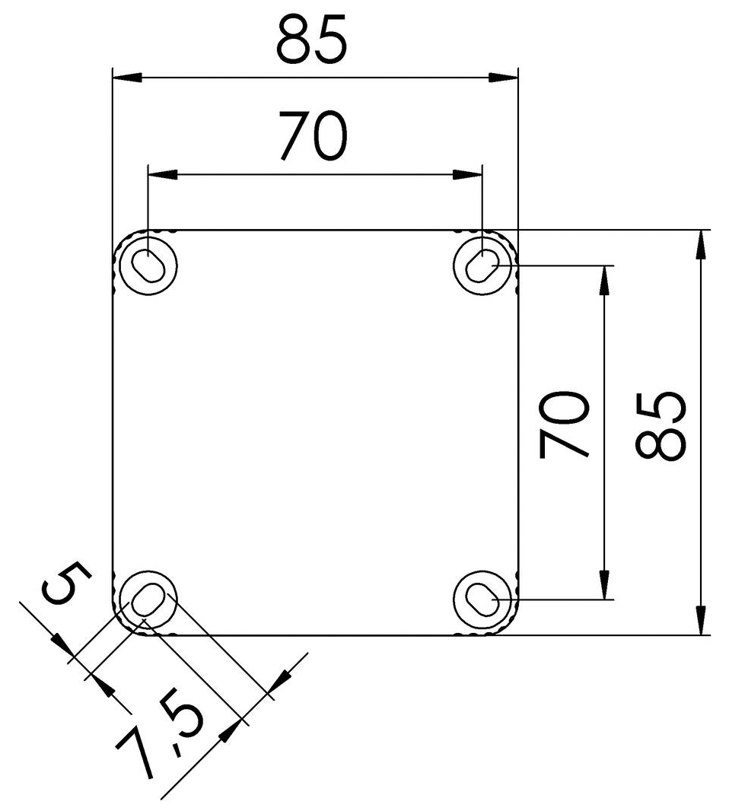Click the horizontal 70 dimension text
pyautogui.click(x=313, y=136)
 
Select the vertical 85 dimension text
pyautogui.click(x=661, y=426)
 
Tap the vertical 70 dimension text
pyautogui.click(x=565, y=425)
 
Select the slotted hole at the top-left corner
pyautogui.click(x=146, y=265)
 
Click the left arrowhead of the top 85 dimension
pyautogui.click(x=126, y=77)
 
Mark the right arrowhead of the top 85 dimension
pyautogui.click(x=503, y=77)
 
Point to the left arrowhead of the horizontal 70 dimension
pyautogui.click(x=162, y=175)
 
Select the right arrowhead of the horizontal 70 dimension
pyautogui.click(x=469, y=175)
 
